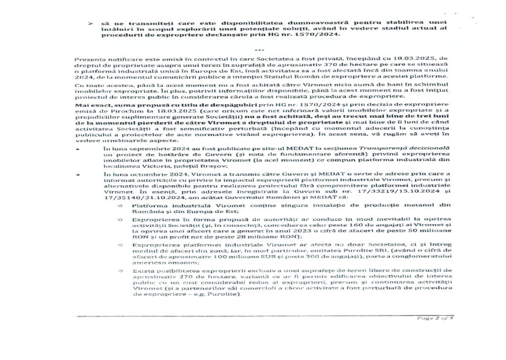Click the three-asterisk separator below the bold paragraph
(x=256, y=50)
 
